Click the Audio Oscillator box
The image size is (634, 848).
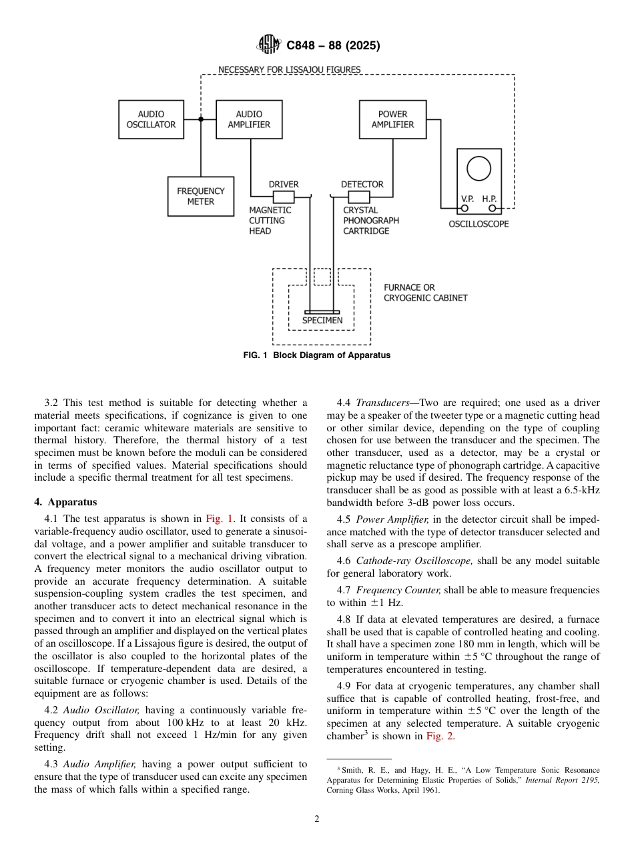(x=151, y=119)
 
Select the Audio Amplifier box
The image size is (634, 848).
(x=249, y=119)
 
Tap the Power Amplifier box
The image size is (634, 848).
(x=392, y=119)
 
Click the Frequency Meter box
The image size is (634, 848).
(x=200, y=196)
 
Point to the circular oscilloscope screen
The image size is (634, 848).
(x=479, y=169)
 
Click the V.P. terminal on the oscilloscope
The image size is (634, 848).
(x=465, y=208)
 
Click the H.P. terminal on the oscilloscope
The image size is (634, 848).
(x=492, y=208)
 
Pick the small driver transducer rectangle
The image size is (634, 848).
(x=284, y=197)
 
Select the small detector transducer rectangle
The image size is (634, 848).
(x=359, y=197)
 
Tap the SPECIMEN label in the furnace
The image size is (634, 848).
(x=322, y=320)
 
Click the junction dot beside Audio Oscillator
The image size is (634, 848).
(x=201, y=119)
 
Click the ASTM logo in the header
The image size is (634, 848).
(x=270, y=45)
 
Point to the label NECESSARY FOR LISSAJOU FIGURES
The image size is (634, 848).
(x=290, y=69)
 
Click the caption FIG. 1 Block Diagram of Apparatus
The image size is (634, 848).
(x=317, y=355)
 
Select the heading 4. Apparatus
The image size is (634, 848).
(x=65, y=503)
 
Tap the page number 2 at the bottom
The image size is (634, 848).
(x=317, y=819)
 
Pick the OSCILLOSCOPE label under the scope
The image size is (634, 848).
(x=478, y=224)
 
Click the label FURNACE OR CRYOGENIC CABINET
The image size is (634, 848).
(x=426, y=293)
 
